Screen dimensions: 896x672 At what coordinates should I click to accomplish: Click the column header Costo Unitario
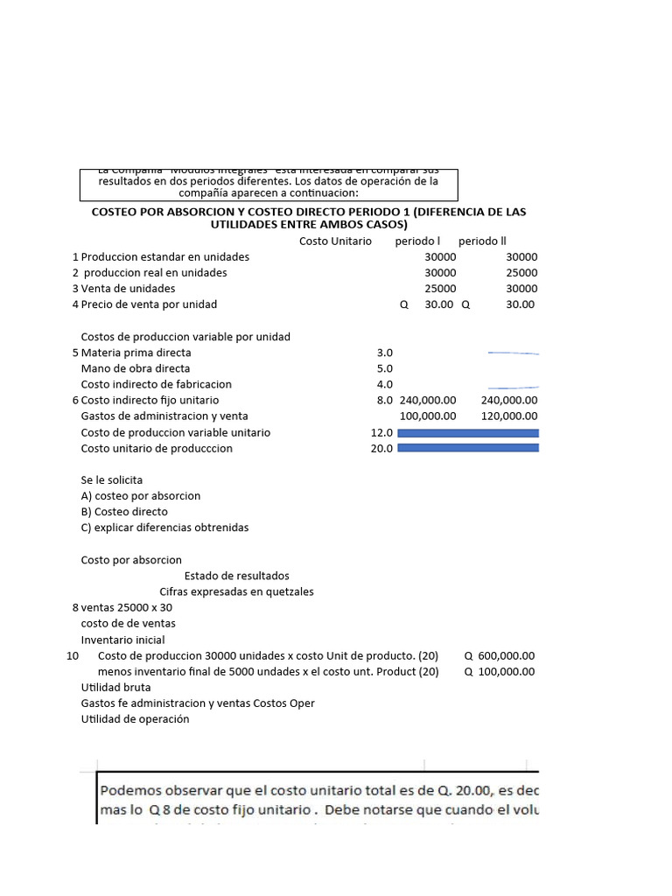coord(335,241)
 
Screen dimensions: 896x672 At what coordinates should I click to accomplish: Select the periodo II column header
coord(482,241)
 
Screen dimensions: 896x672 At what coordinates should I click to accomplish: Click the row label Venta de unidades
coord(128,289)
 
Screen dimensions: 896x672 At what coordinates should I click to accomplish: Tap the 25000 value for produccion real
coord(521,273)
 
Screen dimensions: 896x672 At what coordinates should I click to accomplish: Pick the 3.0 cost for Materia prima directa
coord(384,353)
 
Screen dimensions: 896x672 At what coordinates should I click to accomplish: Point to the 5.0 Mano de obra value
coord(384,368)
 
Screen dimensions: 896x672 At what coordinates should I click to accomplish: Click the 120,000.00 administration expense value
coord(509,416)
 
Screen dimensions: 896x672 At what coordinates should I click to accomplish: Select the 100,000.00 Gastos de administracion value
coord(428,416)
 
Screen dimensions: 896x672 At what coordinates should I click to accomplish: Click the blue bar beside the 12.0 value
coord(468,432)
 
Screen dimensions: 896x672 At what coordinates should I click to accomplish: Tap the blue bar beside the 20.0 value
coord(468,448)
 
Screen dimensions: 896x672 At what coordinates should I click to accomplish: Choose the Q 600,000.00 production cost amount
coord(499,655)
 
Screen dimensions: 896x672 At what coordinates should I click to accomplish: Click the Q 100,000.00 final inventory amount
coord(499,672)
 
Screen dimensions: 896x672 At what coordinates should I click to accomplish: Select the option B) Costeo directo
coord(124,512)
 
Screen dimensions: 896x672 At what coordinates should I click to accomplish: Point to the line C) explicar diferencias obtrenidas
coord(164,528)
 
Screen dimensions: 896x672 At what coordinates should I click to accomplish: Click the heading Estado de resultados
coord(236,576)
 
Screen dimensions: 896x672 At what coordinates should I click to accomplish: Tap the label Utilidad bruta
coord(115,688)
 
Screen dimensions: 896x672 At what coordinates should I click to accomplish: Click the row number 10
coord(73,655)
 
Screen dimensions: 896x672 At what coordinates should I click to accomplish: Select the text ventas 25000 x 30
coord(127,607)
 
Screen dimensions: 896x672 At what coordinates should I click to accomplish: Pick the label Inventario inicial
coord(123,640)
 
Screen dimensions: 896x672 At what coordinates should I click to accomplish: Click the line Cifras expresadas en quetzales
coord(236,591)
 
